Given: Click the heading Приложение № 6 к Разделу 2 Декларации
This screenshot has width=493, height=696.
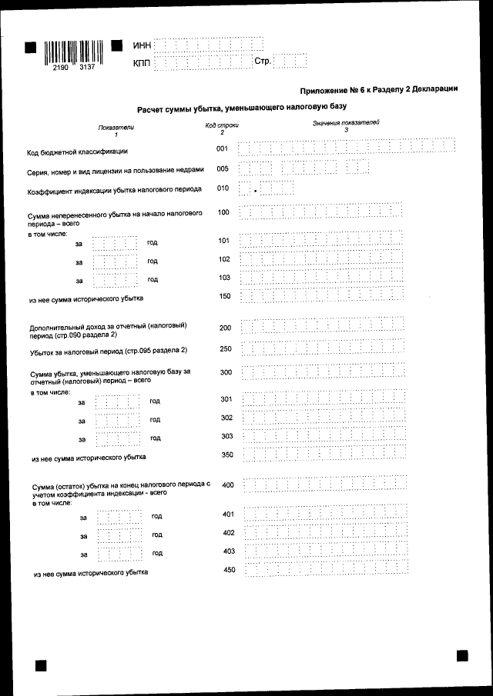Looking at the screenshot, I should click(379, 89).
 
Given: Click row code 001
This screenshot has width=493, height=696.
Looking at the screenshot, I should click(223, 148).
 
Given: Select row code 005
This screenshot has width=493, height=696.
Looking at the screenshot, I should click(223, 168).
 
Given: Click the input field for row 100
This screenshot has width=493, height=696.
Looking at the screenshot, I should click(321, 212).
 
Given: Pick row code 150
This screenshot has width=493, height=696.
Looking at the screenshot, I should click(225, 296).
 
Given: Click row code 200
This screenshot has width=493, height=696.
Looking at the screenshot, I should click(225, 328).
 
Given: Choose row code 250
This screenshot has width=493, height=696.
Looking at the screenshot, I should click(225, 349).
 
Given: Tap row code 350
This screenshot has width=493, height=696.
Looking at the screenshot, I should click(226, 455).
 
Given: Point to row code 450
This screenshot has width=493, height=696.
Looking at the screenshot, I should click(228, 569).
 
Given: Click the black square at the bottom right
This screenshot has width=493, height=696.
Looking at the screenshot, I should click(462, 655).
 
